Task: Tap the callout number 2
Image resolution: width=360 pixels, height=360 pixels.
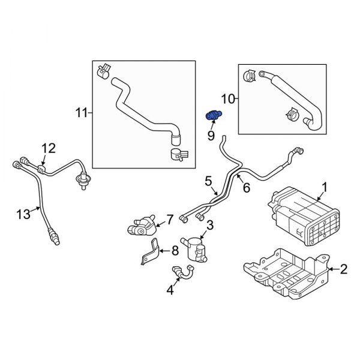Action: (x=344, y=269)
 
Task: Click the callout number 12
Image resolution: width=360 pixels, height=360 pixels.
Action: (x=48, y=148)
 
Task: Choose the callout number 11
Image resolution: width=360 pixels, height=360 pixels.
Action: (x=82, y=112)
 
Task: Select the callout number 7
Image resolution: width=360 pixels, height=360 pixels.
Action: (x=170, y=220)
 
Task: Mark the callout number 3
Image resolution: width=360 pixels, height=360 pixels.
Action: (x=210, y=225)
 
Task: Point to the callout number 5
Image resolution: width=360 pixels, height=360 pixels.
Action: (x=208, y=179)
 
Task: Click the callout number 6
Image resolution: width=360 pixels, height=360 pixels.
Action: (x=245, y=188)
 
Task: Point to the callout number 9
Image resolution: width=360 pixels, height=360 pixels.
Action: (x=211, y=136)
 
